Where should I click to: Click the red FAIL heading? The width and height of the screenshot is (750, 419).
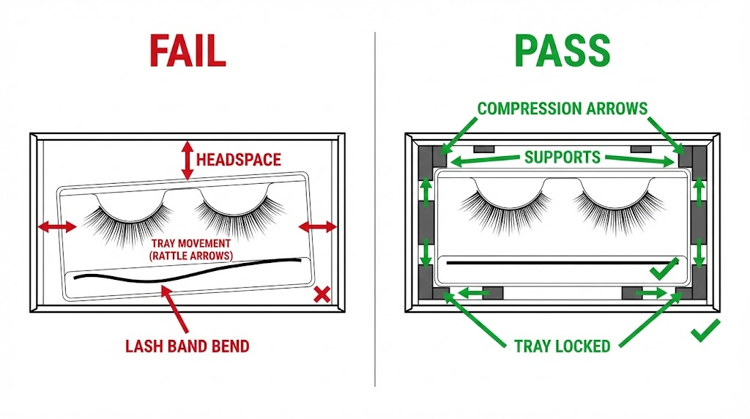point(187,50)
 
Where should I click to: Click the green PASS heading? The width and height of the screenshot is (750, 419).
point(562,50)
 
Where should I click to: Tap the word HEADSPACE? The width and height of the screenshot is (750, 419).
point(238,159)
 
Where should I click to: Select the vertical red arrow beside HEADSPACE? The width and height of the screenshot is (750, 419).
point(187,160)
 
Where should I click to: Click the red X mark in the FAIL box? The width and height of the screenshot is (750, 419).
point(321,294)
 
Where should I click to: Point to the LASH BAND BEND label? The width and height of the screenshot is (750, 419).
point(187,345)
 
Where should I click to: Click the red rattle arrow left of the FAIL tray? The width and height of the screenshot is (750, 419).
point(57,227)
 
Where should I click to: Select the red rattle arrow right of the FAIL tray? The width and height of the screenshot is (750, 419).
point(318,228)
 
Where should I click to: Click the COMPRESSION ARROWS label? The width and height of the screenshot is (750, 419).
point(562,109)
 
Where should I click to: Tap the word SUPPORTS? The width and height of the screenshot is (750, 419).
point(562,157)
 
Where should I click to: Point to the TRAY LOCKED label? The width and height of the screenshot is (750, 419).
point(562,346)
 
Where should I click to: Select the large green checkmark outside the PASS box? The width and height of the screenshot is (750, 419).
point(705,330)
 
